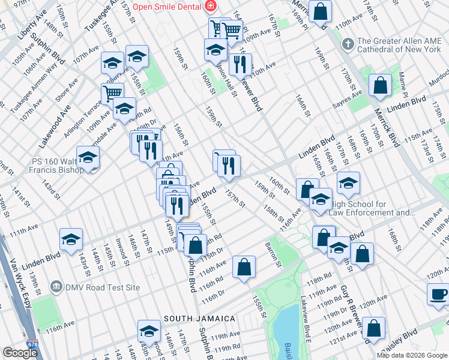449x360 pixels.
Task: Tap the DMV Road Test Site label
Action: coord(101,287)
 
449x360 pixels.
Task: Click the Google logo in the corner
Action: coord(20,353)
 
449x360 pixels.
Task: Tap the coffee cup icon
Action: coord(438,294)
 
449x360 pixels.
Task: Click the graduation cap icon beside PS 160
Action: coord(88,158)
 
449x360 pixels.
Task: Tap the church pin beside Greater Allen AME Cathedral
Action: coord(347,45)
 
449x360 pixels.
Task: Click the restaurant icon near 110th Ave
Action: coord(240,65)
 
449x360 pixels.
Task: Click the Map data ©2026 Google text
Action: coord(411,355)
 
